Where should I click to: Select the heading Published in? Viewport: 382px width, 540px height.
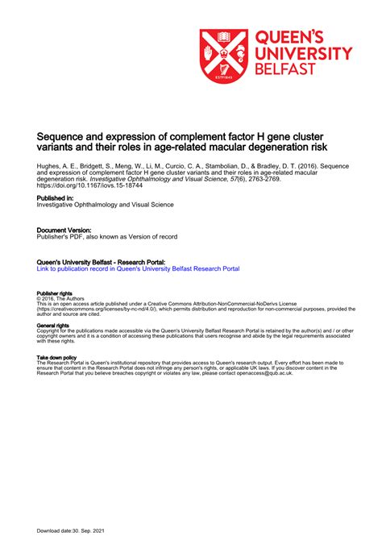56,197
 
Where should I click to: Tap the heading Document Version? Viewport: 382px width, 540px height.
64,230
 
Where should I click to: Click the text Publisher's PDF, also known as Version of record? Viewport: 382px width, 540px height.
107,237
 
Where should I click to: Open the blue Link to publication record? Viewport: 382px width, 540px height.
138,268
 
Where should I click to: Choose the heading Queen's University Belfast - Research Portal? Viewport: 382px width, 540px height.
102,262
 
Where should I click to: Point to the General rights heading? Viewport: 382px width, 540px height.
52,324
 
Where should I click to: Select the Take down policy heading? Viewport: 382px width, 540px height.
56,356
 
